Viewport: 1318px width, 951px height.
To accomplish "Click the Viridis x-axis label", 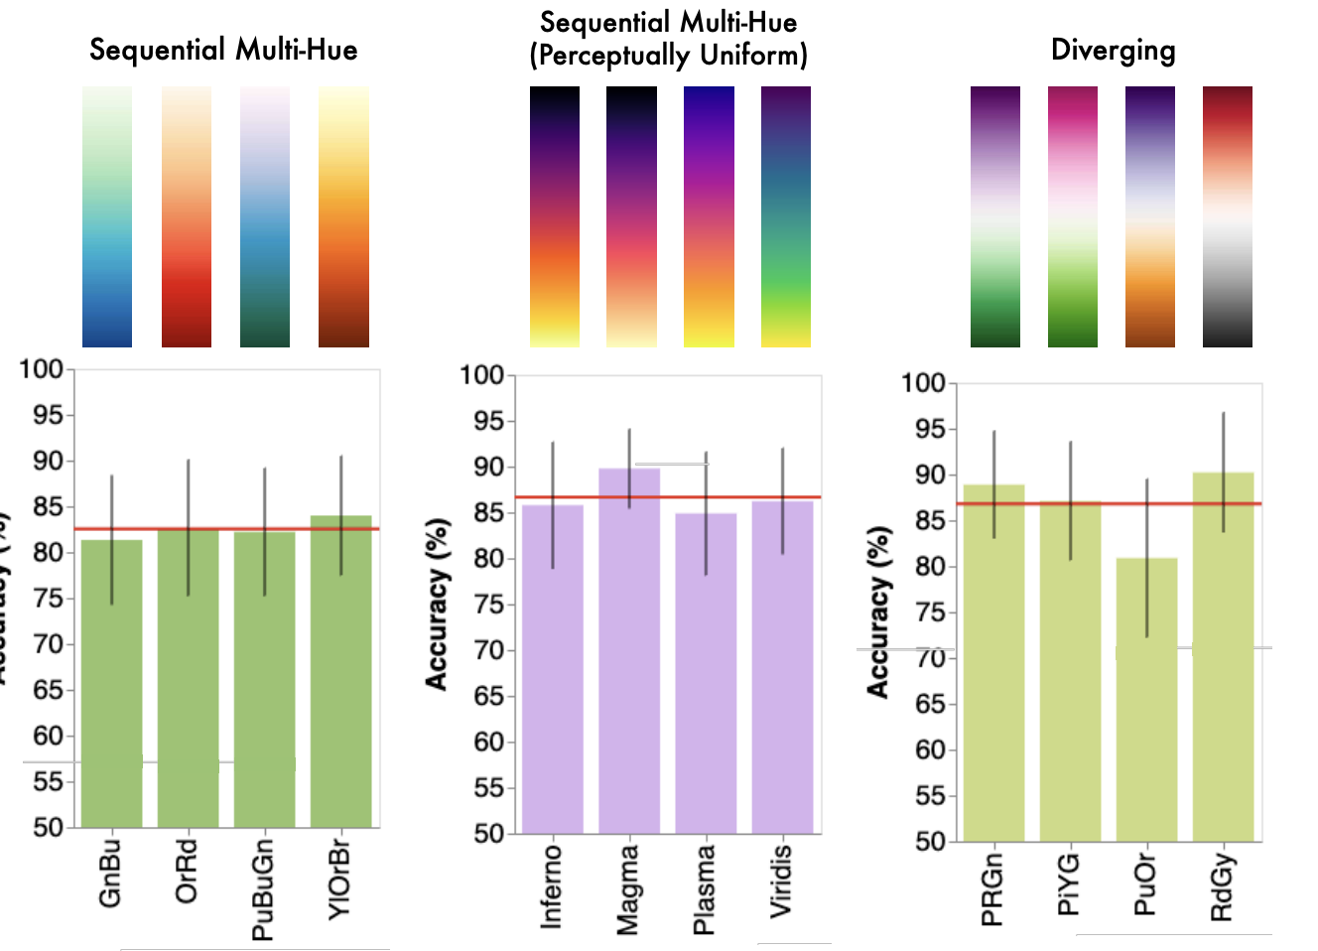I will [x=782, y=881].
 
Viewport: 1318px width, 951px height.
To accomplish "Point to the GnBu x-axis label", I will [x=110, y=874].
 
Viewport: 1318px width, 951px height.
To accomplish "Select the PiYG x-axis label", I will [x=1069, y=885].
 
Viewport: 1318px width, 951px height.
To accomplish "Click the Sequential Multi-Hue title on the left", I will [x=223, y=50].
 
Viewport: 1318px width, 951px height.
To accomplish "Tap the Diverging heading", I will [x=1113, y=50].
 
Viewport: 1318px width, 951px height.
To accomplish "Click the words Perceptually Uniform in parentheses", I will [x=668, y=56].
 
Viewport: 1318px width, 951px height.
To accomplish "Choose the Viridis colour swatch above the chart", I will [x=786, y=216].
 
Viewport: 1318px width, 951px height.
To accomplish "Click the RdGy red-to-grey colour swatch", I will [x=1228, y=216].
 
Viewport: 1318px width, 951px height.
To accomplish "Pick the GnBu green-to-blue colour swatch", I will [x=107, y=216].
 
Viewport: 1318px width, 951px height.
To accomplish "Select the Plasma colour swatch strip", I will [x=709, y=216].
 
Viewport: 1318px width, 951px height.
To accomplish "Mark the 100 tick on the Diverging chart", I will [x=922, y=383].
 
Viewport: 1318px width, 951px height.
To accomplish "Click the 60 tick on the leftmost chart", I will [x=48, y=736].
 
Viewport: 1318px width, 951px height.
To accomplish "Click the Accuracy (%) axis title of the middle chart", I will [x=436, y=604].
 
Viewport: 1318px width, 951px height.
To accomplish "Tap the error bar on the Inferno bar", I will [x=553, y=505].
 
